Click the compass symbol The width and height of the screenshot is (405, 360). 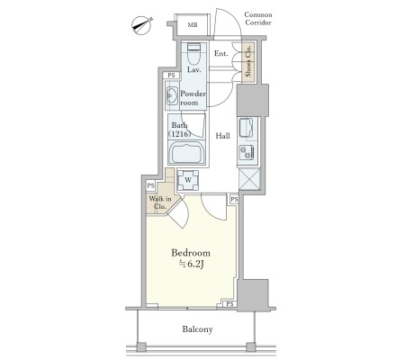(x=142, y=25)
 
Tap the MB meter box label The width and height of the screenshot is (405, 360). (x=193, y=25)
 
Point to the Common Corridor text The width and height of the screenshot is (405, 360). (x=258, y=19)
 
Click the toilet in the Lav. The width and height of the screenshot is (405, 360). (x=193, y=53)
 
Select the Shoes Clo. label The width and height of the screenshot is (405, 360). (x=248, y=61)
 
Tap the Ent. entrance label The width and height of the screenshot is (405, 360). (x=221, y=54)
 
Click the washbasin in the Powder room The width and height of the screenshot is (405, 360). (x=172, y=96)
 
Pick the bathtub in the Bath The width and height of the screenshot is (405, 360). (x=186, y=153)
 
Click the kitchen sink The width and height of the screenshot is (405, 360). (x=247, y=127)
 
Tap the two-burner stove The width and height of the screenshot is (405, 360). (x=247, y=152)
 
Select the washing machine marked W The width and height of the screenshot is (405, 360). (x=188, y=180)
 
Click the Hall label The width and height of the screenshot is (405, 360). (x=223, y=136)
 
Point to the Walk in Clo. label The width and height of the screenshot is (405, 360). (x=160, y=202)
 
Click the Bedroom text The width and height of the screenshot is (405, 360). (x=191, y=253)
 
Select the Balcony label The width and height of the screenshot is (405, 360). (x=198, y=329)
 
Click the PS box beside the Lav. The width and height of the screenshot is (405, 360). (x=171, y=76)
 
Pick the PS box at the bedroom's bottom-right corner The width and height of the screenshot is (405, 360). (x=229, y=304)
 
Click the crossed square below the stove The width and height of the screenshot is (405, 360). (x=249, y=179)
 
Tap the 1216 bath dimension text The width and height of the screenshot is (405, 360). (x=180, y=134)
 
